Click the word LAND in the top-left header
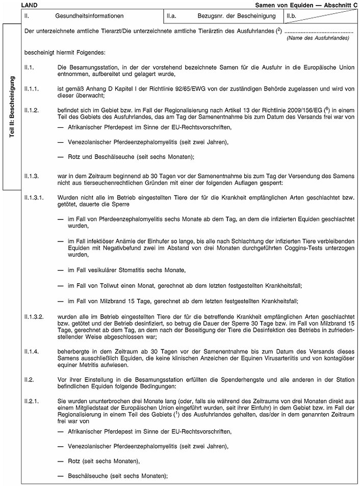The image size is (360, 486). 22,5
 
